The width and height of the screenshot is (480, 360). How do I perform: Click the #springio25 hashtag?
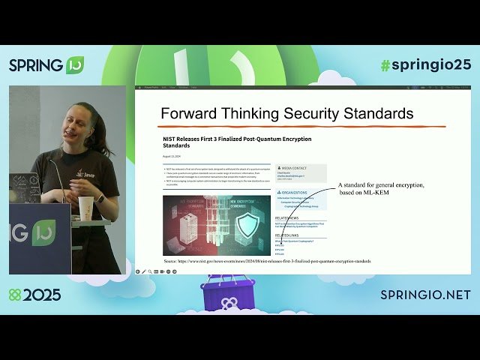[425, 64]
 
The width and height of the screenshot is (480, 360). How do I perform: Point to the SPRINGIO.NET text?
[425, 295]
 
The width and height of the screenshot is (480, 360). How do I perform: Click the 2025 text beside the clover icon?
[42, 295]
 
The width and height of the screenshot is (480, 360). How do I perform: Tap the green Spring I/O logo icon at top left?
[74, 65]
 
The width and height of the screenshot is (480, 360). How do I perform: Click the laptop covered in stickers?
[24, 188]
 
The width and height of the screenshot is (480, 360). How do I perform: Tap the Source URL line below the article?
[267, 261]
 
